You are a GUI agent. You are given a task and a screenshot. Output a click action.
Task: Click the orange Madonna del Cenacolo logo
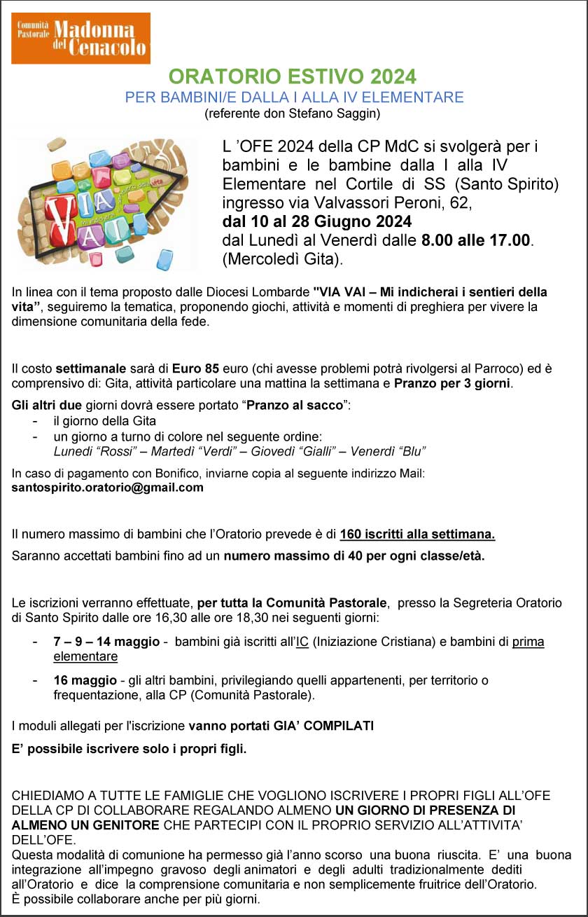coord(81,38)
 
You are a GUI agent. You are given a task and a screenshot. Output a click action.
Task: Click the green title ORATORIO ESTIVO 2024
coord(293,76)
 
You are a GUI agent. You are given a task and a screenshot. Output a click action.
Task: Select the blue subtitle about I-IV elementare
coord(294,97)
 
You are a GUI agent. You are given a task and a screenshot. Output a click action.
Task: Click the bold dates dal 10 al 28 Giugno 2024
coord(317,222)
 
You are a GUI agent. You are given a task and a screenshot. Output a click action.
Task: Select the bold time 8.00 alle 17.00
coord(475,240)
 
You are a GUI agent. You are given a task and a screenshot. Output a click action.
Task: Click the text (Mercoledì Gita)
coord(283,259)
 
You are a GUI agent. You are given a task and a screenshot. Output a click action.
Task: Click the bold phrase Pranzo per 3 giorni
coord(453,383)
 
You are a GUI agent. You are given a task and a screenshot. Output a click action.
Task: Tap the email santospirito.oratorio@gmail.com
coord(108,488)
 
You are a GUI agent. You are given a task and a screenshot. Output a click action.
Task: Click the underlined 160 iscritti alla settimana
coord(417,535)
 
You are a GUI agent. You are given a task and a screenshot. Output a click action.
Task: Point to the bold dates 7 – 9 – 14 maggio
coord(106,642)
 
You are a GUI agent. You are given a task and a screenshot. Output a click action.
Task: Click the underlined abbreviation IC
coord(302,642)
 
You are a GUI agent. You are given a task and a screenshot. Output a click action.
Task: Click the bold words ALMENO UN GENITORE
coord(85,825)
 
